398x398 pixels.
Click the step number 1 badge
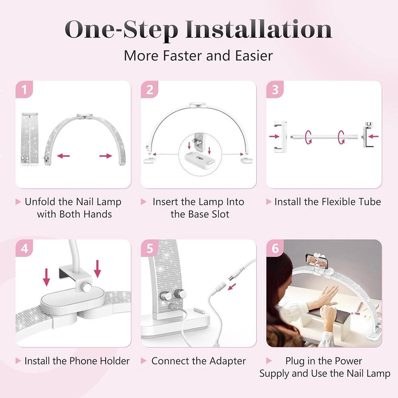pyautogui.click(x=24, y=89)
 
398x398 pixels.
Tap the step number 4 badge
pyautogui.click(x=24, y=248)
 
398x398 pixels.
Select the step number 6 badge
pyautogui.click(x=275, y=248)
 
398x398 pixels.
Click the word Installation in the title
pyautogui.click(x=258, y=30)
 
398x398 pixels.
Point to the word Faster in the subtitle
pyautogui.click(x=183, y=56)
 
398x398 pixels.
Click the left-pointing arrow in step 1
pyautogui.click(x=63, y=156)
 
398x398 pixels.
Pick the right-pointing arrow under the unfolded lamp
pyautogui.click(x=106, y=156)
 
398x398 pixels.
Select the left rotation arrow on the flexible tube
pyautogui.click(x=309, y=137)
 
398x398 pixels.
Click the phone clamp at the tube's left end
pyautogui.click(x=281, y=137)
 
